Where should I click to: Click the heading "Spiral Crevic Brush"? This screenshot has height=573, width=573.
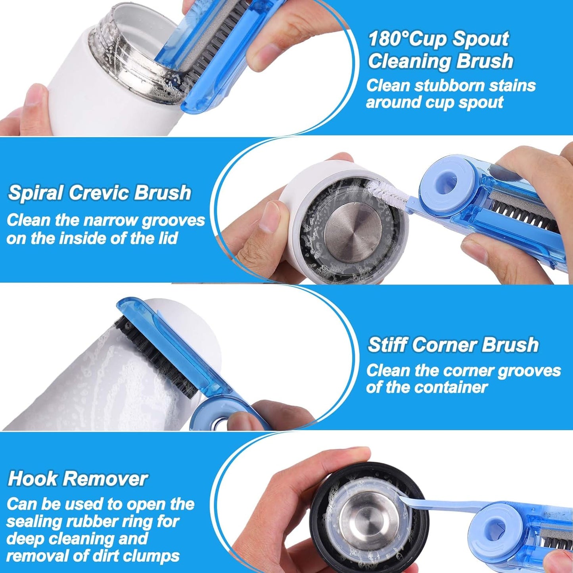pos(99,192)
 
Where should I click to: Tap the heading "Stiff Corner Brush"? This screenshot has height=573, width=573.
pos(453,344)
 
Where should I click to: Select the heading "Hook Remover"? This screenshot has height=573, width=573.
pos(78,478)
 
